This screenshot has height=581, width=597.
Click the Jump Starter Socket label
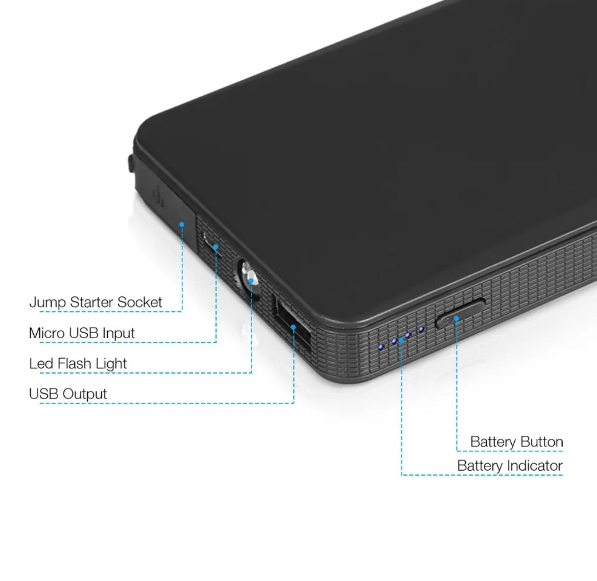(x=95, y=302)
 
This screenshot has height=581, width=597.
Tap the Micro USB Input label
(x=82, y=333)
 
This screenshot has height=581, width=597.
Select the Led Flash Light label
(x=78, y=363)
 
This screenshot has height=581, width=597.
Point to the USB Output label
(x=68, y=393)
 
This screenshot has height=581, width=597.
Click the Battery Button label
(x=517, y=441)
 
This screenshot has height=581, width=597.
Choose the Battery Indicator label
(x=510, y=466)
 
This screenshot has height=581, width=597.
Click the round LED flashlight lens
(x=249, y=277)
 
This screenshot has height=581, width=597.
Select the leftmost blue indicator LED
(x=380, y=347)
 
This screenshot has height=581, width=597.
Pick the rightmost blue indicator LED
(x=421, y=330)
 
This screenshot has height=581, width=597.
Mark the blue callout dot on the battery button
(x=456, y=318)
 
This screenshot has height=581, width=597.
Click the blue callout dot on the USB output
(x=293, y=327)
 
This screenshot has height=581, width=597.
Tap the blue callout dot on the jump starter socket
(x=182, y=224)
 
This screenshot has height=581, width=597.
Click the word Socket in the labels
(x=140, y=302)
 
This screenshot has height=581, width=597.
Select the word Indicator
(x=532, y=466)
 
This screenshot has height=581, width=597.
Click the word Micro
(x=47, y=333)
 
